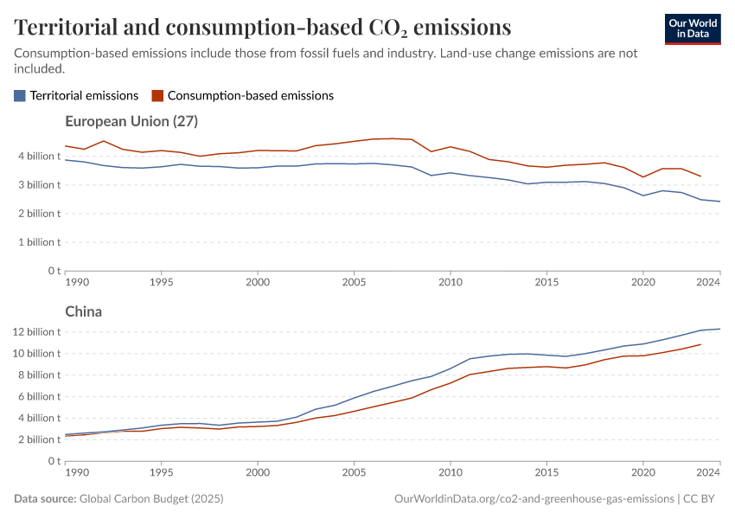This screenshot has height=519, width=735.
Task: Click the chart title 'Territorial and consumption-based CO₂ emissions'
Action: pyautogui.click(x=263, y=27)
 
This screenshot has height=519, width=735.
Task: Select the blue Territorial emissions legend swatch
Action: pyautogui.click(x=20, y=96)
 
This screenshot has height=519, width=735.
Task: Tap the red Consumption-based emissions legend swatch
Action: pyautogui.click(x=157, y=96)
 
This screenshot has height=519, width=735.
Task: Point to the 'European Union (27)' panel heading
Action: pyautogui.click(x=131, y=122)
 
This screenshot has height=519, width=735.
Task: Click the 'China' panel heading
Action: pyautogui.click(x=84, y=311)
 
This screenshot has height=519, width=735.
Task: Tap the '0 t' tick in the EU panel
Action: pyautogui.click(x=52, y=271)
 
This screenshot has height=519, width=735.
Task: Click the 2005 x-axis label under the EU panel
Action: pyautogui.click(x=354, y=283)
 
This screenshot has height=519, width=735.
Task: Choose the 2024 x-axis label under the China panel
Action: pyautogui.click(x=708, y=473)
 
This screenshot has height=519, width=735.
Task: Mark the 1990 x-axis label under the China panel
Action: pyautogui.click(x=78, y=473)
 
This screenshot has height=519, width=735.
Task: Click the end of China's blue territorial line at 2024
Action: pyautogui.click(x=719, y=329)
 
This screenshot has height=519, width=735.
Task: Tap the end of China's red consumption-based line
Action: pyautogui.click(x=700, y=344)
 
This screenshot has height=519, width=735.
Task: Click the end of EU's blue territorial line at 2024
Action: pyautogui.click(x=719, y=202)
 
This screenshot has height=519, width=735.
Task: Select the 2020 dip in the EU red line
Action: pyautogui.click(x=642, y=177)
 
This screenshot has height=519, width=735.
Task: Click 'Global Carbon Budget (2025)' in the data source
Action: pyautogui.click(x=150, y=499)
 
